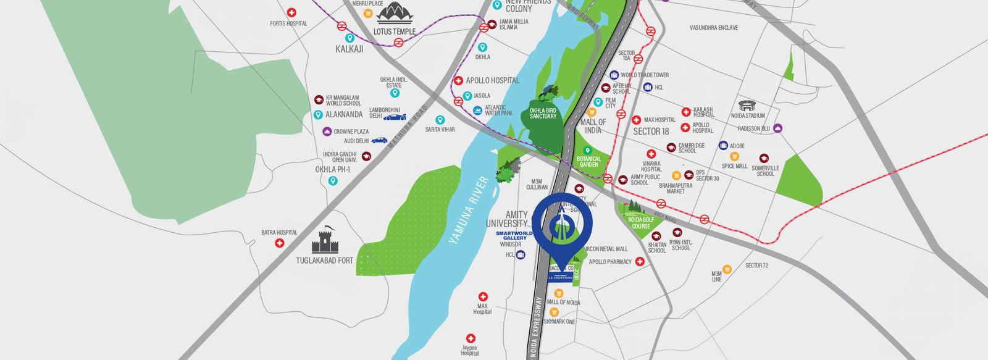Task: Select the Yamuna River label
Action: tap(469, 211)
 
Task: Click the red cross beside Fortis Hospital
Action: tap(292, 12)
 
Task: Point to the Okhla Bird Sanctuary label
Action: tap(543, 112)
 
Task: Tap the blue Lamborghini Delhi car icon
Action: tap(395, 117)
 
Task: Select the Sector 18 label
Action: tap(651, 132)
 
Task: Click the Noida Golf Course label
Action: tap(641, 222)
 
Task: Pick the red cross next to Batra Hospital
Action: tap(279, 243)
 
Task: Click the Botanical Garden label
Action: tap(588, 161)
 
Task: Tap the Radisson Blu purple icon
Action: tap(777, 128)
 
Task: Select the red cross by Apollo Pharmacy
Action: tap(640, 262)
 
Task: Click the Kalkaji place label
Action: tap(349, 49)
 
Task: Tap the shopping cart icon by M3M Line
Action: tap(727, 269)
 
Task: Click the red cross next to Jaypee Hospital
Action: tap(471, 339)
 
